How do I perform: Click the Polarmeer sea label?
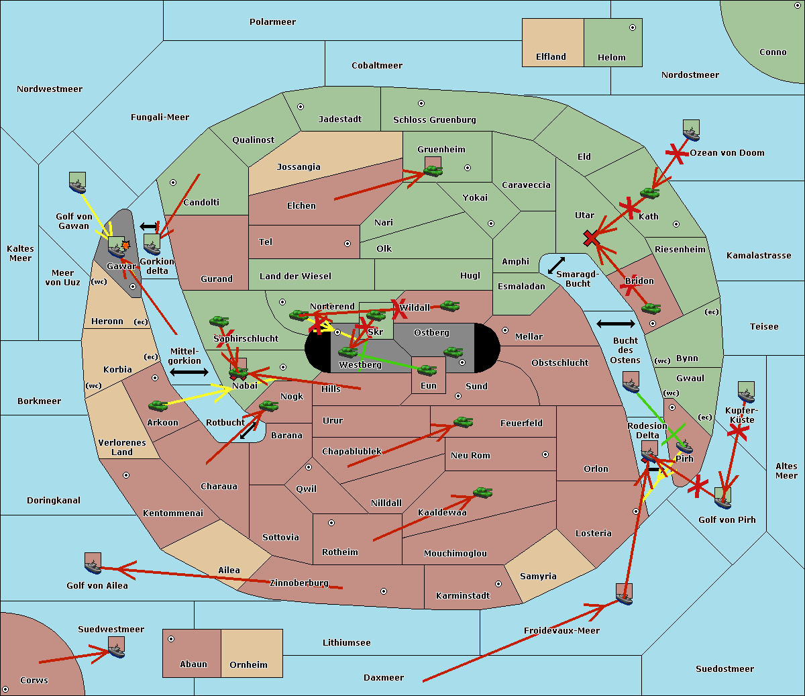[272, 22]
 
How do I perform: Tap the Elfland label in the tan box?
[551, 57]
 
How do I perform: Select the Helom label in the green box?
[611, 58]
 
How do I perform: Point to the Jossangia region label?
[299, 167]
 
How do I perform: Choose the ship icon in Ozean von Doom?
[691, 130]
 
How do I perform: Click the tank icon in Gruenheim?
[433, 171]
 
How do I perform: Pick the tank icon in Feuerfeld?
[463, 422]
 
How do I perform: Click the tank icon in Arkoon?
[158, 405]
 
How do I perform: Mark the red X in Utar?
[591, 238]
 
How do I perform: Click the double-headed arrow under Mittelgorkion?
[189, 372]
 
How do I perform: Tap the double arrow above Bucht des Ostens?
[615, 324]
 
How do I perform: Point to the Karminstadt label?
[463, 596]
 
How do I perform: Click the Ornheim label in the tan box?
[248, 665]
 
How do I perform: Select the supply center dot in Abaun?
[171, 639]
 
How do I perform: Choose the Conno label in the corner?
[773, 52]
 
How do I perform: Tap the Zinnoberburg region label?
[299, 583]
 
